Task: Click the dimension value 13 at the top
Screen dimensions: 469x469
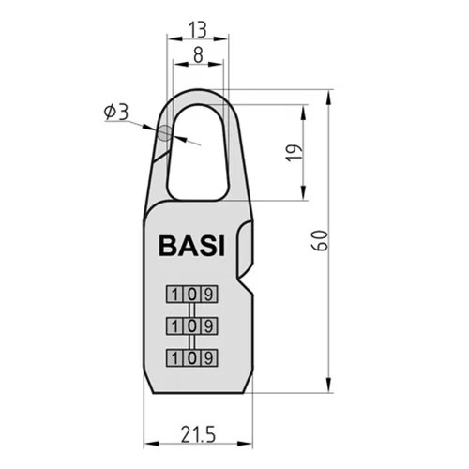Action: (198, 30)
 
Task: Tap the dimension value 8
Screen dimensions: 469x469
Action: (198, 55)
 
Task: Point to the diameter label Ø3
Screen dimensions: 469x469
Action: (116, 113)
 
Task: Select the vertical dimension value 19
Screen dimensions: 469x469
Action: (295, 153)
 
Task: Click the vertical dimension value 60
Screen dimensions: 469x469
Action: (320, 241)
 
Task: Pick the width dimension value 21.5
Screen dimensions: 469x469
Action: (198, 435)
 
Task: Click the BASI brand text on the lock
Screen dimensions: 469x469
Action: (191, 246)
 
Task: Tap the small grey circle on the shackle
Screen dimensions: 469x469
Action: (165, 133)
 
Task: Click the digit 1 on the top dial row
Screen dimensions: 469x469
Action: (175, 295)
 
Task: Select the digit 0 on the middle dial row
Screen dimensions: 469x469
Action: (192, 326)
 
